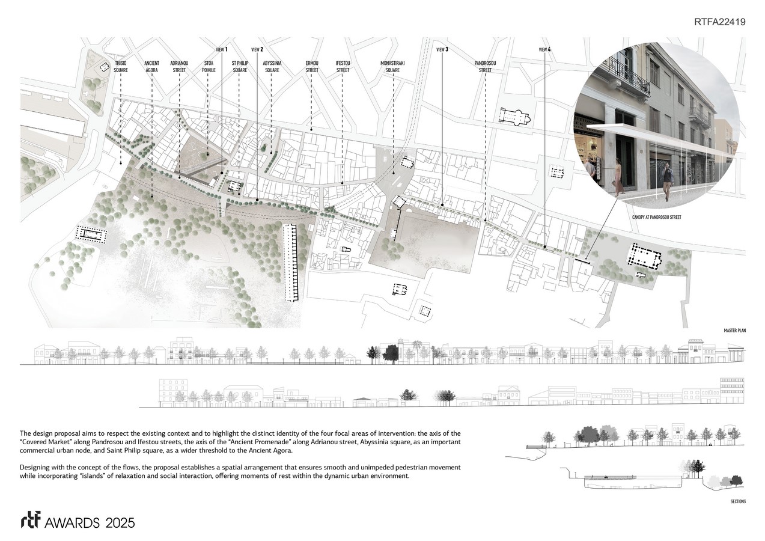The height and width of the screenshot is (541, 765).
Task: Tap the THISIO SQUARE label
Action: coord(121,67)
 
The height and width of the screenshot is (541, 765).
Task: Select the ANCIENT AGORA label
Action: coord(151,67)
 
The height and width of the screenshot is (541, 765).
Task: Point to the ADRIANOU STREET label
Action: coord(179,67)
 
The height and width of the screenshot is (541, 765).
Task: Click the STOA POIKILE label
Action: coord(209,67)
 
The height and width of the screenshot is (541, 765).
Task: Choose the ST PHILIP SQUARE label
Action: coord(240,67)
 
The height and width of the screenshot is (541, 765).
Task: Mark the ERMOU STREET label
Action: coord(312,67)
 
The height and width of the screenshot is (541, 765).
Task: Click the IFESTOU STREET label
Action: coord(343,67)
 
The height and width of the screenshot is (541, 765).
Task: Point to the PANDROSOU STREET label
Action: coord(485,67)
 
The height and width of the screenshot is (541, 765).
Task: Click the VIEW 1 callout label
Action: coord(222,49)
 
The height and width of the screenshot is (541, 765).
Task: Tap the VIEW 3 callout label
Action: coord(442,49)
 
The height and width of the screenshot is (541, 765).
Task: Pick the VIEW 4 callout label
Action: coord(544,49)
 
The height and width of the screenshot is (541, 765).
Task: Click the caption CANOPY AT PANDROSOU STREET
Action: coord(656,217)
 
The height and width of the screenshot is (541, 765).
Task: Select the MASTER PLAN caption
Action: coord(734,331)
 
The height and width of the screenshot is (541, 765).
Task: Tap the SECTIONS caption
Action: coord(739,501)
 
